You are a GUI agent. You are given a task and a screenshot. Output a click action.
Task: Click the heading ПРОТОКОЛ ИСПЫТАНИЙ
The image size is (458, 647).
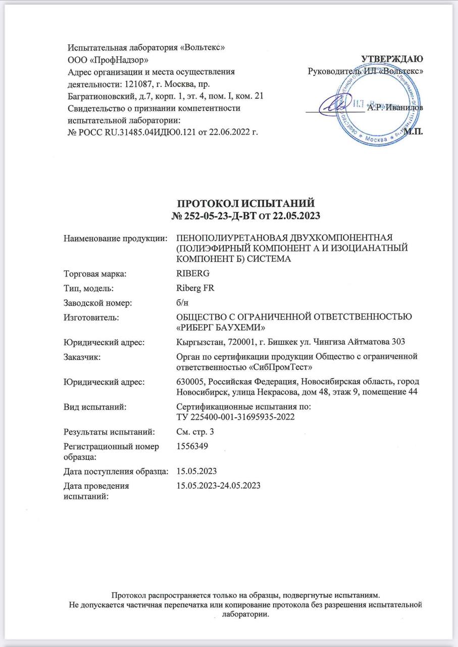tap(247, 204)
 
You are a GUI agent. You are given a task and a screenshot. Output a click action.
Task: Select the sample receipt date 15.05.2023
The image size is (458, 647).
tap(196, 471)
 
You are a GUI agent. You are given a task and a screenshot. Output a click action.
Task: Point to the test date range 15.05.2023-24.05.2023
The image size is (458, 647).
tap(218, 486)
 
